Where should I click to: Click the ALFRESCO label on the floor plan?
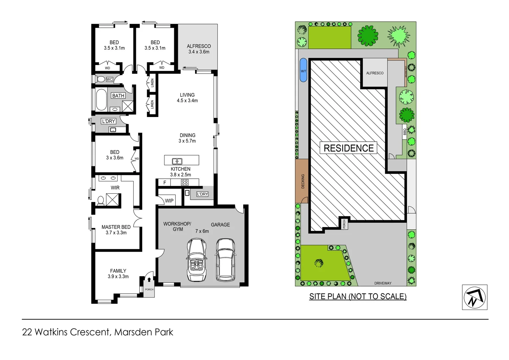[x=199, y=46]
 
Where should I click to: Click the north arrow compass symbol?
[x=475, y=297]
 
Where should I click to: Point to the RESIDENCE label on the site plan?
[x=348, y=148]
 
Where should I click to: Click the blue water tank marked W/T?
[x=303, y=70]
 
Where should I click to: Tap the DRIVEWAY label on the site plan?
[x=383, y=283]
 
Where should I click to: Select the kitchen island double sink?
[x=177, y=161]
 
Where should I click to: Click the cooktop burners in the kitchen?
[x=185, y=182]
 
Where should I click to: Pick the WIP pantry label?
[x=169, y=201]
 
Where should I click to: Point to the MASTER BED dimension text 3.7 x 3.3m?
[x=116, y=233]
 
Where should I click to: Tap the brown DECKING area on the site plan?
[x=302, y=181]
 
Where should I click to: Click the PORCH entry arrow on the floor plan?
[x=149, y=280]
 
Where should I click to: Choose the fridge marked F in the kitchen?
[x=165, y=183]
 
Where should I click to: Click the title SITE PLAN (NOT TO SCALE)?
[x=358, y=296]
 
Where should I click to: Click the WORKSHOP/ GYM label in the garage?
[x=177, y=226]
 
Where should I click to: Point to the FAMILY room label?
[x=118, y=271]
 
